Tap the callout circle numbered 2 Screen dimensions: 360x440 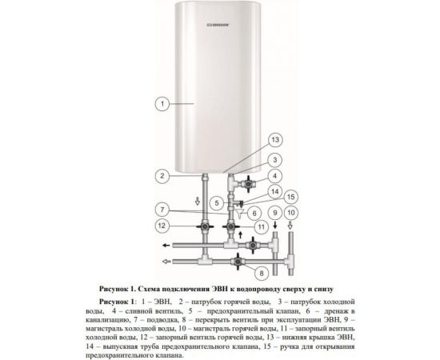click(162, 175)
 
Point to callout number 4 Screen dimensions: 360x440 click(274, 175)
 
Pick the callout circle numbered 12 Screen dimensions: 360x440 click(162, 226)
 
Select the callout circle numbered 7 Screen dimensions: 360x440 click(162, 210)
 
